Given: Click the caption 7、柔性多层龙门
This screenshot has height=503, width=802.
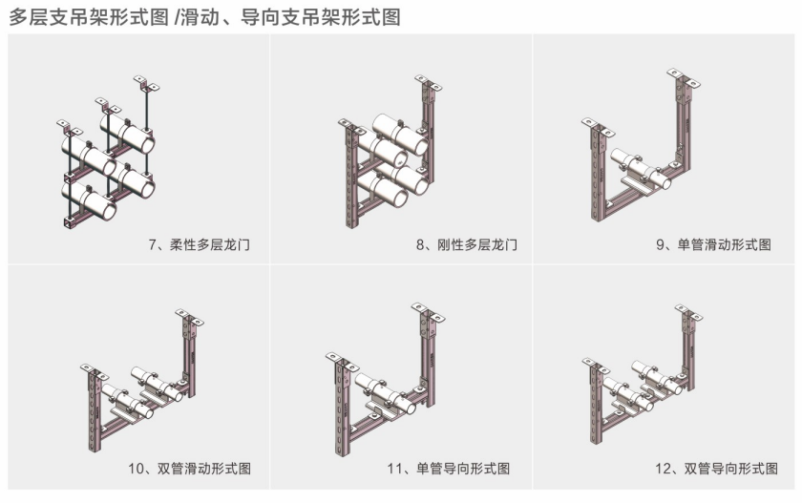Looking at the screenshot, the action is coord(200,245).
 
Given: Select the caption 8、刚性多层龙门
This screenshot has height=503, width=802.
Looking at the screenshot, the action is coord(467,245).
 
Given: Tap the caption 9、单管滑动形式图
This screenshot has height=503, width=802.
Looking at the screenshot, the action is coord(713,245).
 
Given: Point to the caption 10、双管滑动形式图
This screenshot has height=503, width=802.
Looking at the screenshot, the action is coord(190,469).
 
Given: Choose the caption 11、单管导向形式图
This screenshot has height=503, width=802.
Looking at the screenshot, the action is coord(449,469).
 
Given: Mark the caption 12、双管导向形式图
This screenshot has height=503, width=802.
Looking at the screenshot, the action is coord(717,469).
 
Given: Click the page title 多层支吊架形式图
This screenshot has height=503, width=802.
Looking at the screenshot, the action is coord(89,17).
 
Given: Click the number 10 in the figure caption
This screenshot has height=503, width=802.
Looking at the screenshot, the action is coord(136,469).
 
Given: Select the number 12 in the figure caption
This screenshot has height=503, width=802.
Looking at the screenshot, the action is coord(663,469).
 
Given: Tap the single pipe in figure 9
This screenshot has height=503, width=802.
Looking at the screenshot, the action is coord(641,169).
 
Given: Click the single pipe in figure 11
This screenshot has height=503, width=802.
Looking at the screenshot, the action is coord(386,393).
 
